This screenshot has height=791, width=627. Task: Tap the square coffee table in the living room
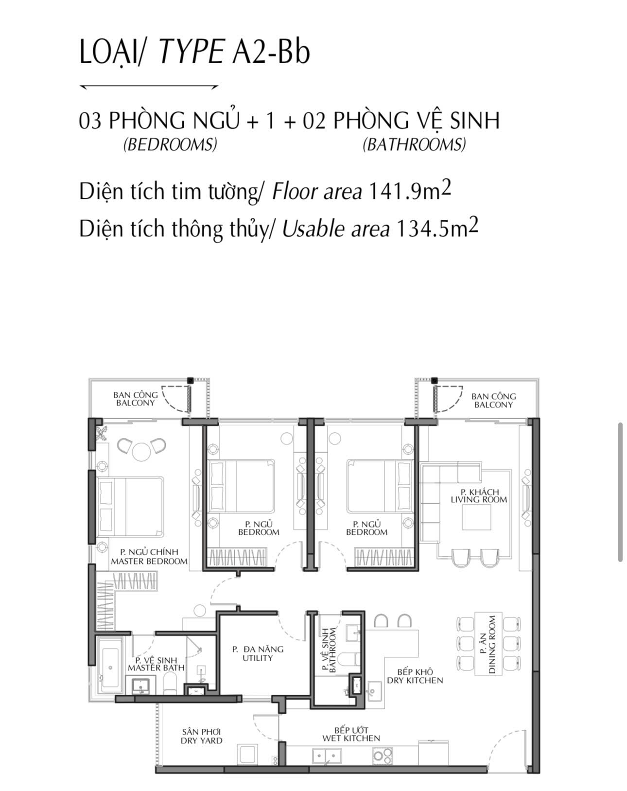coord(477,518)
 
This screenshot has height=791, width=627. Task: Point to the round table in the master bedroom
coord(141,451)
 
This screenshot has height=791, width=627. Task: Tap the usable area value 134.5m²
coord(437,228)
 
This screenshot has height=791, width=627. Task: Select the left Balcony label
coord(136,399)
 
